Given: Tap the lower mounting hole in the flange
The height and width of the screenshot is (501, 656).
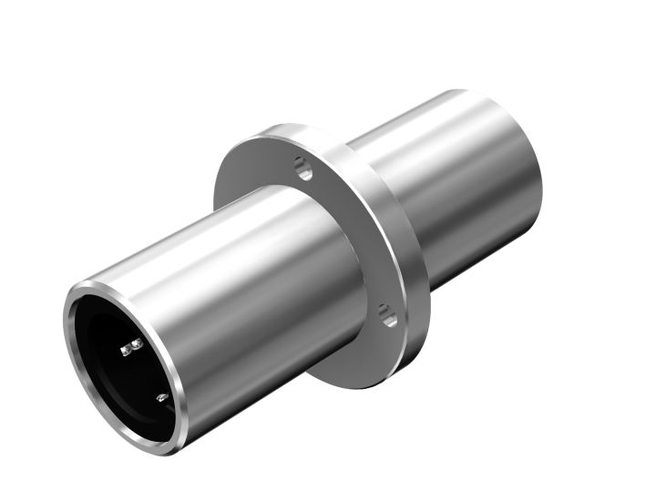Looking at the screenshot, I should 387,315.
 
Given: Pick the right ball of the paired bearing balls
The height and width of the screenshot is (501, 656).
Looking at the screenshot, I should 137,343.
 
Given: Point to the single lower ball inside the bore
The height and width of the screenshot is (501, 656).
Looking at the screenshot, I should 160,397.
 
